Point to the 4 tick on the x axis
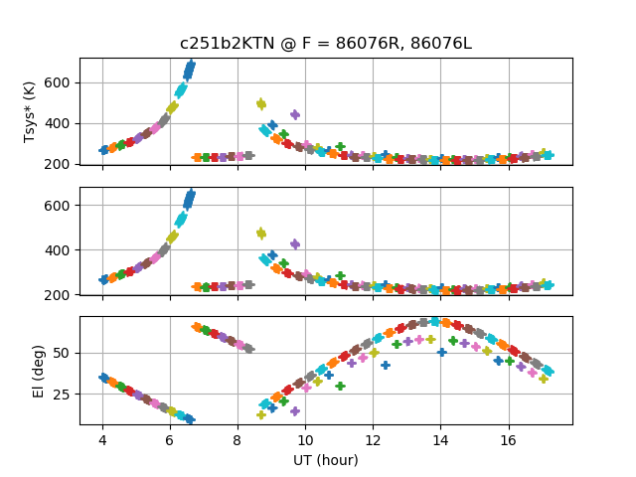(x=102, y=439)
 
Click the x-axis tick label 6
(x=170, y=439)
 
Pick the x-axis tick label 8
(x=238, y=439)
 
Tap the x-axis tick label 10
(x=305, y=439)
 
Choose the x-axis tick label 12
(x=373, y=439)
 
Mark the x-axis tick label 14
(x=441, y=439)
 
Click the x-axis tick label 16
(x=509, y=439)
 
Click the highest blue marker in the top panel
(x=190, y=67)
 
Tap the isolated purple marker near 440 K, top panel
(x=294, y=114)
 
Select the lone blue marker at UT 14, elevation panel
(x=441, y=352)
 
